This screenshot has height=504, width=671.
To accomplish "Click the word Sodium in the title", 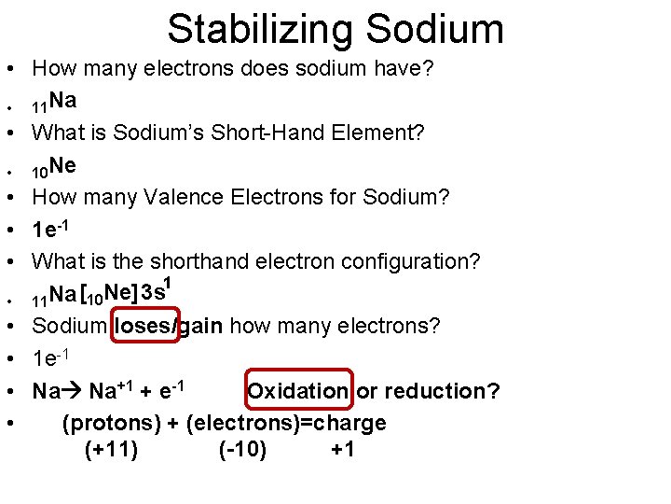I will click(435, 29).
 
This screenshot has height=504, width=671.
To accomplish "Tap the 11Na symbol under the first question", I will click(54, 101).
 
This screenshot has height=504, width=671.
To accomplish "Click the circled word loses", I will click(143, 326).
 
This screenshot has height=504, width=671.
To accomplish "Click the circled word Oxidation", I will click(297, 390).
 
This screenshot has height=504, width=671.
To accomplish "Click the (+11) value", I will click(111, 451).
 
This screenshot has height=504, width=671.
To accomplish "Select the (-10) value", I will click(242, 451).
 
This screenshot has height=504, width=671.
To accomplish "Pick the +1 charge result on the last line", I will click(342, 451).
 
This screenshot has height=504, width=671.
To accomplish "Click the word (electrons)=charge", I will click(286, 423).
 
